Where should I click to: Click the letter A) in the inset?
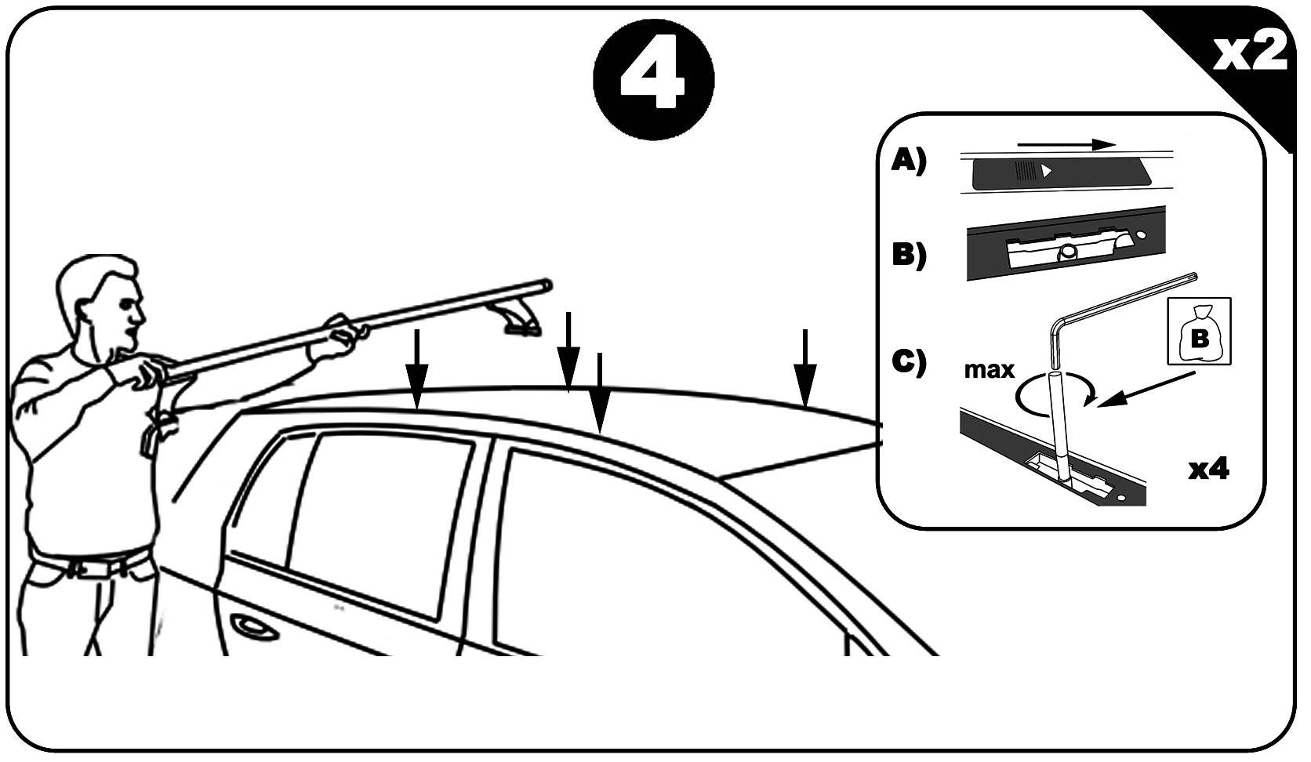(x=909, y=161)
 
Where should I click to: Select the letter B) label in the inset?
(x=909, y=255)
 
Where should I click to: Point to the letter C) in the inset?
(x=909, y=361)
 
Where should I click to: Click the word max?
(x=989, y=369)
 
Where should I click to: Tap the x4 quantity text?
(x=1208, y=469)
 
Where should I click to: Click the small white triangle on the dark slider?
(x=1048, y=169)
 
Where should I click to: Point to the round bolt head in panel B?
(x=1066, y=252)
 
